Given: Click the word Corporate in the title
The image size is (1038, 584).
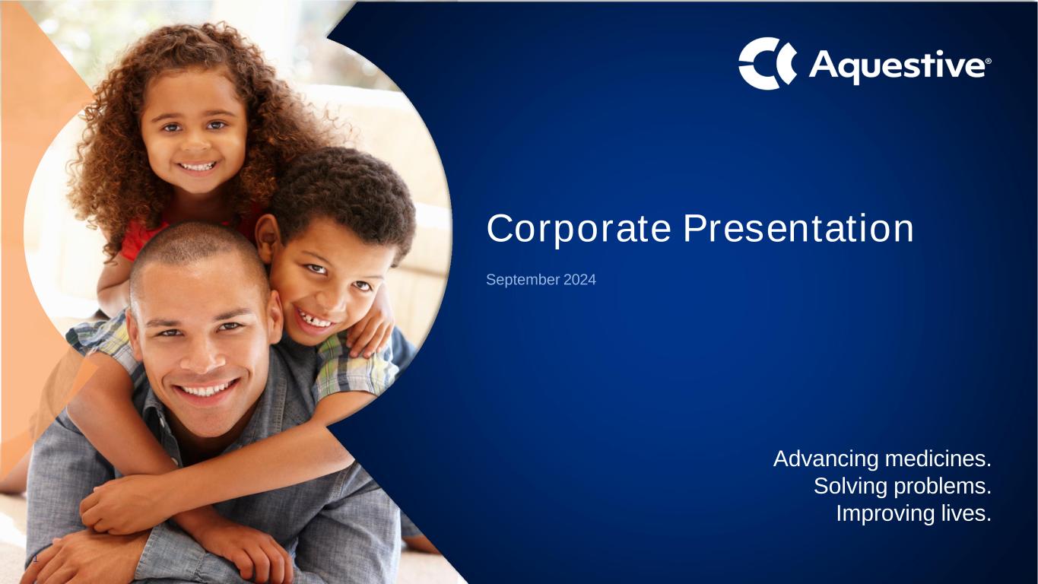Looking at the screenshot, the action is pyautogui.click(x=578, y=228).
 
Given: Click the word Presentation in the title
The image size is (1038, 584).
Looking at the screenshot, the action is pyautogui.click(x=798, y=228).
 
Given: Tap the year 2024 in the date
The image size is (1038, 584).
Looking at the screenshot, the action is pyautogui.click(x=579, y=280).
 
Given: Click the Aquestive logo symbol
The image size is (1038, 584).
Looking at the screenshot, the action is pyautogui.click(x=767, y=64).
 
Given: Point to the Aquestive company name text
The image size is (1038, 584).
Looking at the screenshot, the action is pyautogui.click(x=897, y=67).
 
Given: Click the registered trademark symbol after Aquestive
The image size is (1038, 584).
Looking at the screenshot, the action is pyautogui.click(x=988, y=61).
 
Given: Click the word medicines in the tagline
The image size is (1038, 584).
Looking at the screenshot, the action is pyautogui.click(x=938, y=459).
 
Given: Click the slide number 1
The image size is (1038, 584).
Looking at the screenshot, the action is pyautogui.click(x=36, y=559).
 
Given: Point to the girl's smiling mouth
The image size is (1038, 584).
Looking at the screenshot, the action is pyautogui.click(x=198, y=166).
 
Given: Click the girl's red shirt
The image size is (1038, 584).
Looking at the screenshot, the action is pyautogui.click(x=139, y=239).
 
